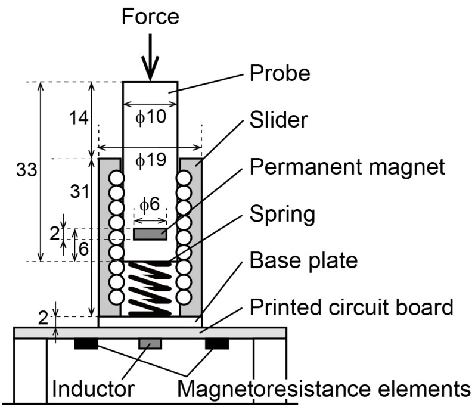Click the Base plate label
pyautogui.click(x=303, y=260)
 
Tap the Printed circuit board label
pyautogui.click(x=352, y=307)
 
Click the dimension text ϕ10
pyautogui.click(x=150, y=117)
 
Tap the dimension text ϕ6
pyautogui.click(x=150, y=204)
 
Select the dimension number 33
pyautogui.click(x=26, y=170)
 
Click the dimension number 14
pyautogui.click(x=77, y=118)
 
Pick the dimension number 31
pyautogui.click(x=77, y=191)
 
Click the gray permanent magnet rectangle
pyautogui.click(x=150, y=235)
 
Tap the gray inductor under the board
pyautogui.click(x=150, y=344)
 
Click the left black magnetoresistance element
pyautogui.click(x=86, y=344)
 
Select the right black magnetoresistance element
pyautogui.click(x=216, y=344)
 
